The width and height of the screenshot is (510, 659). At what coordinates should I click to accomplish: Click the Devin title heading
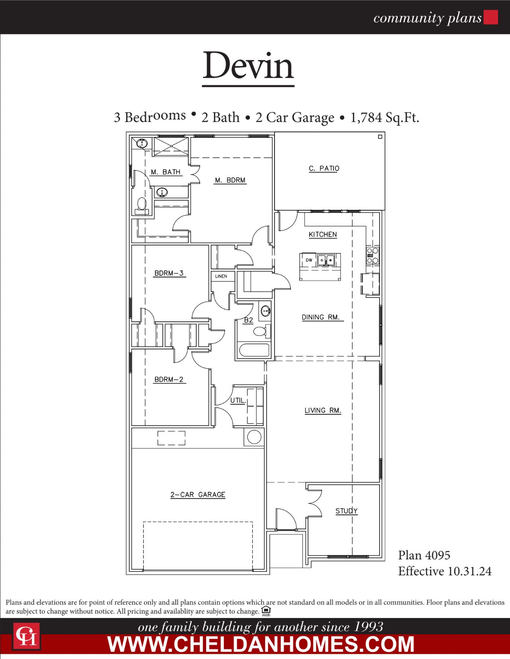coord(248,66)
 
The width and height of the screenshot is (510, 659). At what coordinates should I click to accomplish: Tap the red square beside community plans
coord(490,18)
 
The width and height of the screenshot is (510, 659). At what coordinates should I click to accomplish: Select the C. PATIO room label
coord(324,169)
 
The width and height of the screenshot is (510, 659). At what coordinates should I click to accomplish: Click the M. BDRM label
coord(230,180)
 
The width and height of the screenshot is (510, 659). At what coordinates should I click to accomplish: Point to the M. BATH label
coord(166,172)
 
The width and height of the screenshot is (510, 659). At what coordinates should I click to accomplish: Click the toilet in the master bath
coord(141,205)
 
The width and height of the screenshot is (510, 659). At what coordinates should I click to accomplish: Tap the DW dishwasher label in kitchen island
coord(309,260)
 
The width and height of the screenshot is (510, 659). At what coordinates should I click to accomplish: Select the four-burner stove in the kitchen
coord(373,255)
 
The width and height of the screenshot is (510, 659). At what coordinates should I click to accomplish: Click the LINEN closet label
coord(221,276)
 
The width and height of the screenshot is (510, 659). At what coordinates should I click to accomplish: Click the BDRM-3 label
coord(169,273)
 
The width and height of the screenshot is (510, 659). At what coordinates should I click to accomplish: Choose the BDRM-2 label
coord(169,380)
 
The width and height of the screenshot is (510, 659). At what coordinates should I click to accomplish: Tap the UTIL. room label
coord(238,400)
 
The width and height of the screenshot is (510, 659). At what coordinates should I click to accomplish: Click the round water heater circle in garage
coord(254,437)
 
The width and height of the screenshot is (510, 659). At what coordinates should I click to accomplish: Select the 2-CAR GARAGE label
coord(198,495)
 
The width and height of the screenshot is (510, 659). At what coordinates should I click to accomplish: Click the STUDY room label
coord(346,511)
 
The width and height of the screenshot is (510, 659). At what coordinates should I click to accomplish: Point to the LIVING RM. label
coord(323,410)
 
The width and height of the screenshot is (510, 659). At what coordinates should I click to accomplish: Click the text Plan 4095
coord(424,555)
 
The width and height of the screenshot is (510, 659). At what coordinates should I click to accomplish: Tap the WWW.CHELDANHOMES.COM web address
coord(261,644)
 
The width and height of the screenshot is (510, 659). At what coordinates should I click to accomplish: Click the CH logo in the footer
coord(26,636)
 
